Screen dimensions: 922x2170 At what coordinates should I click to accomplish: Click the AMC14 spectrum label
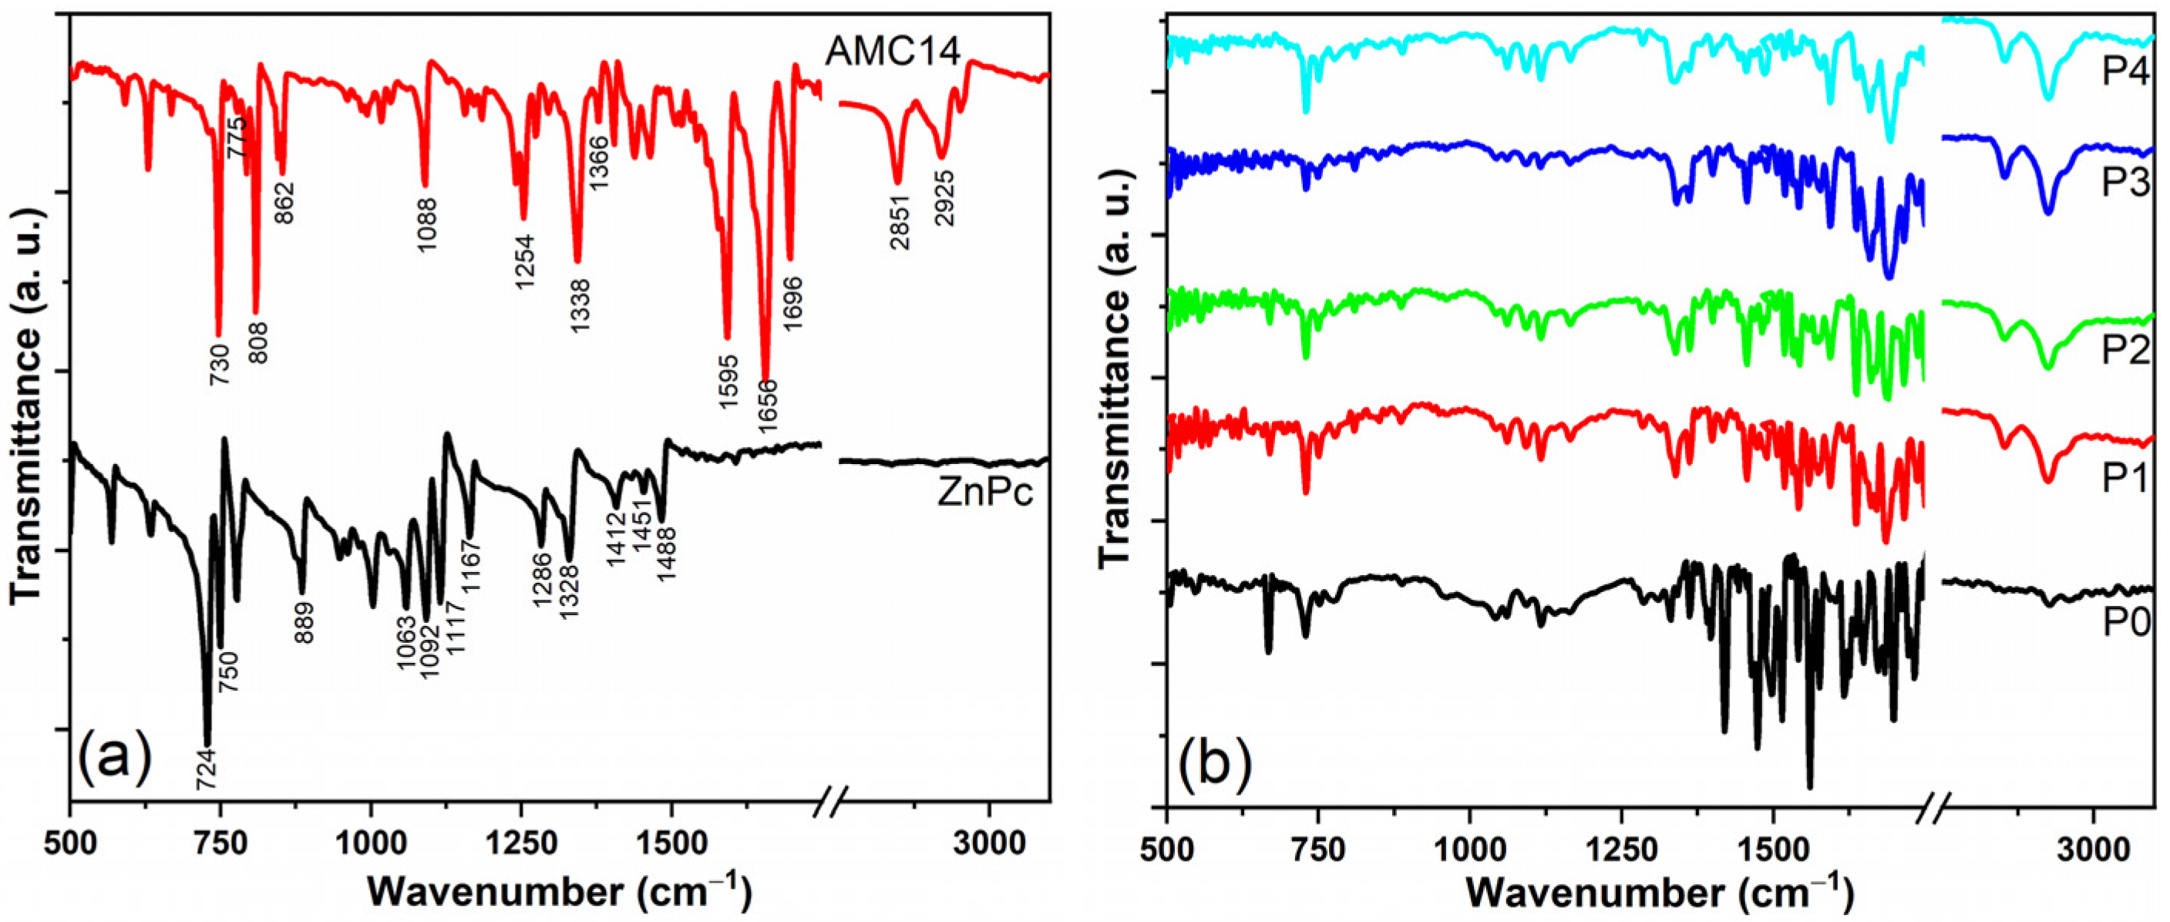(x=893, y=52)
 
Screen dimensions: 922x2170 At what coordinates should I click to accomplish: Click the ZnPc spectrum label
(x=984, y=494)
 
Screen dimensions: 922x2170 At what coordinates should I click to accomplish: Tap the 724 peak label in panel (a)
(x=207, y=769)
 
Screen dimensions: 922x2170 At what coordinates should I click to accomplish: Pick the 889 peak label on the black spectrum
(x=303, y=622)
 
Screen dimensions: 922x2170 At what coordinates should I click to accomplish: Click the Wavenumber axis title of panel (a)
(x=559, y=892)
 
